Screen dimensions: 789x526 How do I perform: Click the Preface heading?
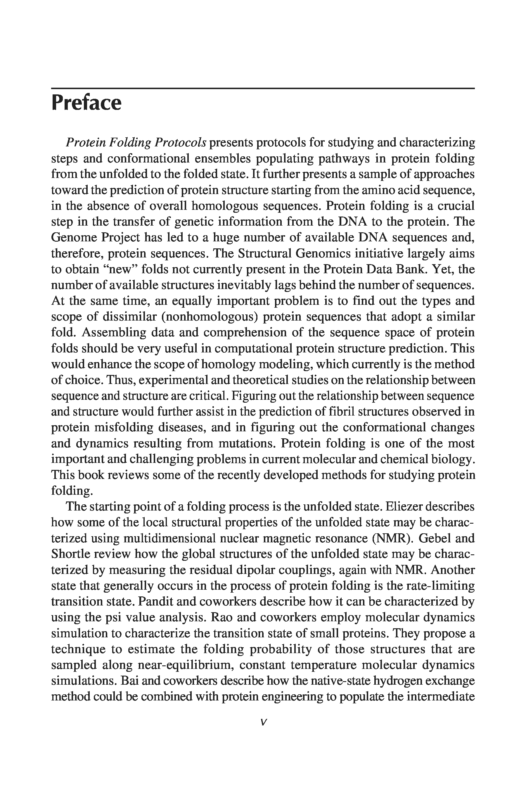coord(86,103)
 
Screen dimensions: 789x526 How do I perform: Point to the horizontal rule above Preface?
coord(263,89)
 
